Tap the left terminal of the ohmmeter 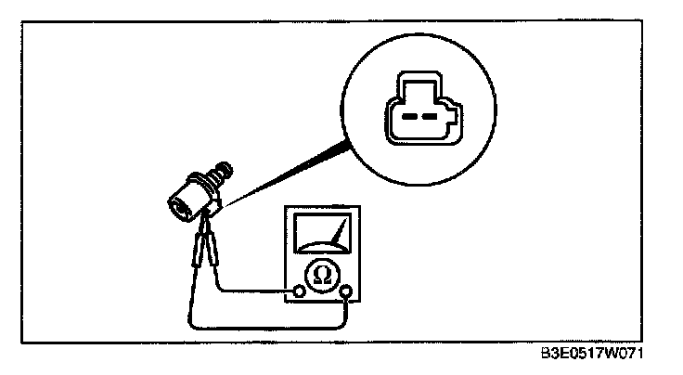(299, 292)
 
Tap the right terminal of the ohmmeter (347, 294)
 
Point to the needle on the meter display (339, 229)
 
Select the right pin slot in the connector (430, 118)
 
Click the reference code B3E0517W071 (594, 355)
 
